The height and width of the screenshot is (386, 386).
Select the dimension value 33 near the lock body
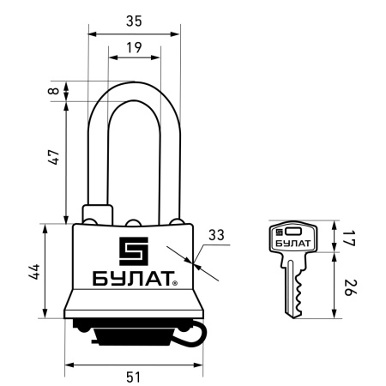pyautogui.click(x=216, y=234)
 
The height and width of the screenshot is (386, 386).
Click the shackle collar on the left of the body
pyautogui.click(x=94, y=213)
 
